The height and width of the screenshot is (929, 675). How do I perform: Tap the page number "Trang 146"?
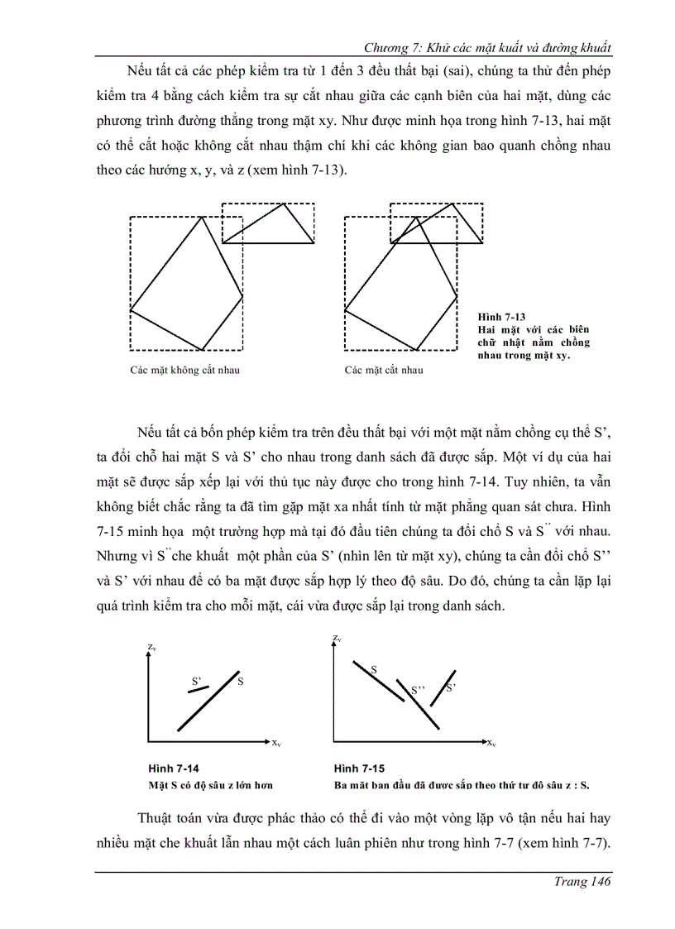pyautogui.click(x=582, y=882)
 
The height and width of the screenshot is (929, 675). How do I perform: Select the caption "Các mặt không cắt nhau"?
pyautogui.click(x=184, y=370)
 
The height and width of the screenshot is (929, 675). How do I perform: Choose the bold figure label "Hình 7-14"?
pyautogui.click(x=174, y=768)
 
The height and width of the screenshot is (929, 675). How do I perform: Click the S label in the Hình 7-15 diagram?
pyautogui.click(x=374, y=667)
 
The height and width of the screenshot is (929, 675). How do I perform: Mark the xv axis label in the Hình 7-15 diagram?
pyautogui.click(x=491, y=743)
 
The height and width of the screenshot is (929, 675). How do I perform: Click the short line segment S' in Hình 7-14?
pyautogui.click(x=198, y=690)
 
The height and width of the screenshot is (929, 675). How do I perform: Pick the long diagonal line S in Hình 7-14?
pyautogui.click(x=208, y=701)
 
